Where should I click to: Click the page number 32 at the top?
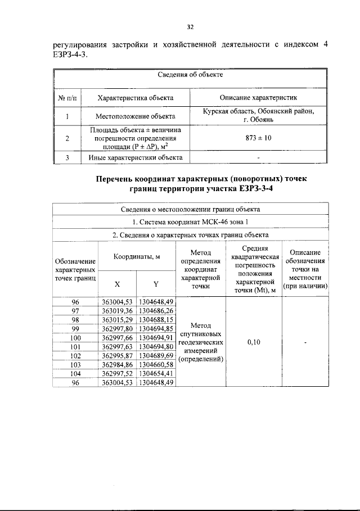190,26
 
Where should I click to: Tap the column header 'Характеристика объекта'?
135,98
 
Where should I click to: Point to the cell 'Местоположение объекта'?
135,116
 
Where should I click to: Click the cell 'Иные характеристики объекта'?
135,158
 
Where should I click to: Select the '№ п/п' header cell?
67,98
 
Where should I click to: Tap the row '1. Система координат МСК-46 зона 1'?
191,221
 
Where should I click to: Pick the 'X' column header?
117,284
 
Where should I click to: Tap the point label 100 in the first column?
75,337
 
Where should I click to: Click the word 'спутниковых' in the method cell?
201,333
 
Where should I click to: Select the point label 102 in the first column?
75,355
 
